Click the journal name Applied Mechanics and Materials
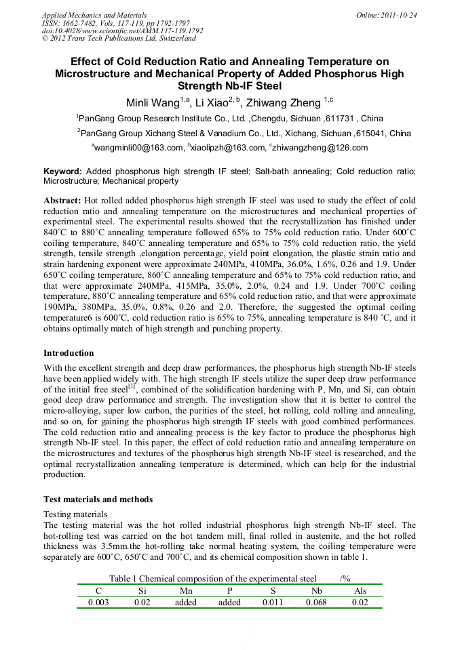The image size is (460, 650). click(x=94, y=14)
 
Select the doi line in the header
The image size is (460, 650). click(x=122, y=31)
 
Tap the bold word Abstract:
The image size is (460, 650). click(x=62, y=201)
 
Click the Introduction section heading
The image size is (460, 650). click(x=69, y=353)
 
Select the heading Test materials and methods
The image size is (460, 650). click(x=98, y=500)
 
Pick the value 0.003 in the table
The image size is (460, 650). click(x=98, y=602)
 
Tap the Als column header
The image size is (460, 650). click(x=360, y=590)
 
